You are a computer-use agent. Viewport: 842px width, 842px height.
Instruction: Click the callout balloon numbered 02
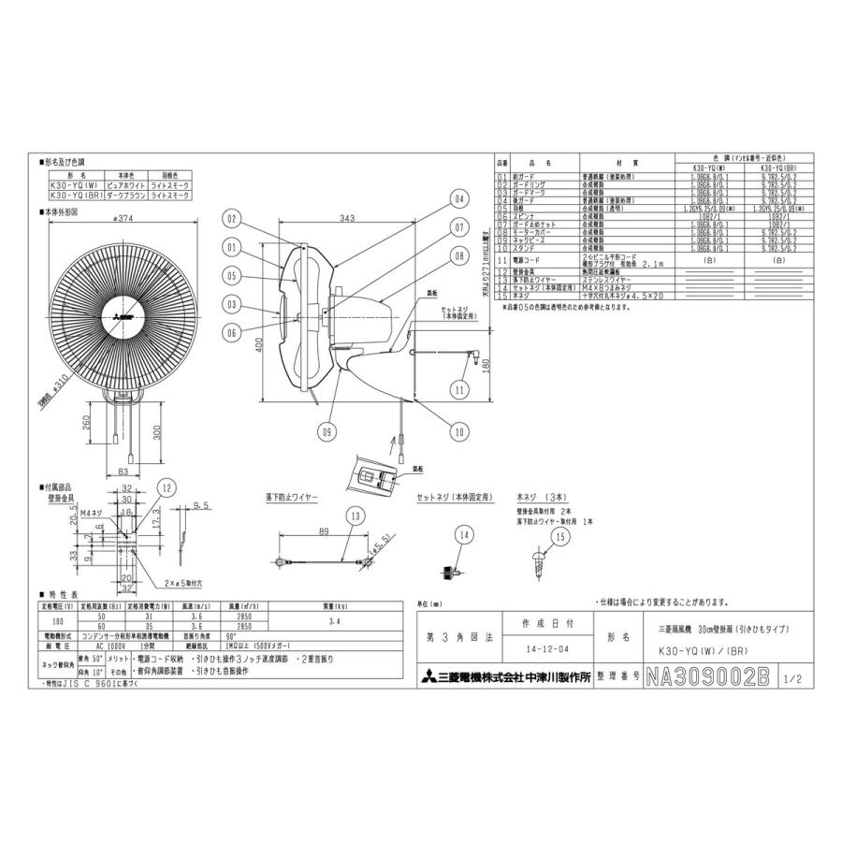231,218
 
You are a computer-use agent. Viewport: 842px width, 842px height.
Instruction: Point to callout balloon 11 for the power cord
459,388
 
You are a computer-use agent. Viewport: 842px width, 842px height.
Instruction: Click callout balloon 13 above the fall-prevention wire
356,515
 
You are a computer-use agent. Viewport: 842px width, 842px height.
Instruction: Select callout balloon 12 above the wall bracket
166,486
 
